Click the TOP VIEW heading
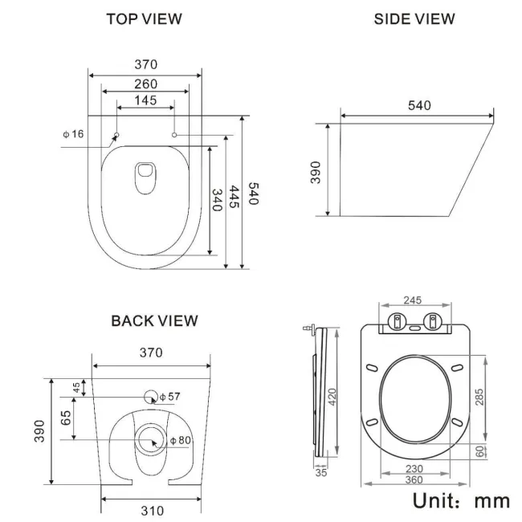145,18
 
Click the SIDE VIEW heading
414,18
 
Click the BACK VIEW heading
154,320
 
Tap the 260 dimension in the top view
145,84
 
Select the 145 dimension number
145,101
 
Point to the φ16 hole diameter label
73,133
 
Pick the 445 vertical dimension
234,197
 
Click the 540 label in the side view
419,106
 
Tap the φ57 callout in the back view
169,397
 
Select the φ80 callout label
180,441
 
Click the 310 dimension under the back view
151,510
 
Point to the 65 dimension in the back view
66,418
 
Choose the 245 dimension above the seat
412,300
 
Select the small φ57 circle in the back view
150,396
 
